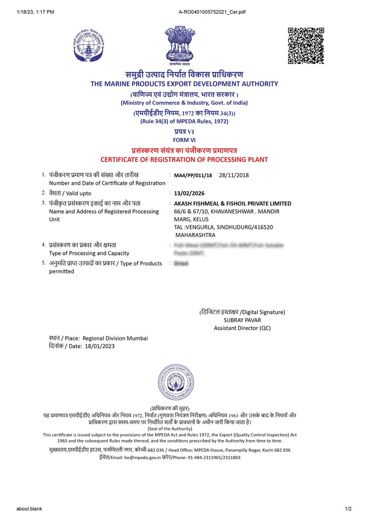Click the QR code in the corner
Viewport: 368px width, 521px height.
(306, 46)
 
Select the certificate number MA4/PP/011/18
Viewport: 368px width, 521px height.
(193, 176)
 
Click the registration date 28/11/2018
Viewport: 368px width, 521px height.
(234, 176)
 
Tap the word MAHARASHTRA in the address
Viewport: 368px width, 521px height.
(195, 235)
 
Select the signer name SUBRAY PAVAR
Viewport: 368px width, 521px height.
(242, 320)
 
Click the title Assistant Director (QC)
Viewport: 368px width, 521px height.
(242, 328)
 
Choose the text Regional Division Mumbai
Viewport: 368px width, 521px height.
(115, 338)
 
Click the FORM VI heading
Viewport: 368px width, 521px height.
(184, 140)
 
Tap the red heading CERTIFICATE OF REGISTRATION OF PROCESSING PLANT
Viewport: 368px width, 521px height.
(184, 160)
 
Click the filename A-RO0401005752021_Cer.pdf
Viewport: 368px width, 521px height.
(212, 12)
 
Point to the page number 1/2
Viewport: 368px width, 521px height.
(348, 509)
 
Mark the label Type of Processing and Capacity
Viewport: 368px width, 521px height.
(89, 253)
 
